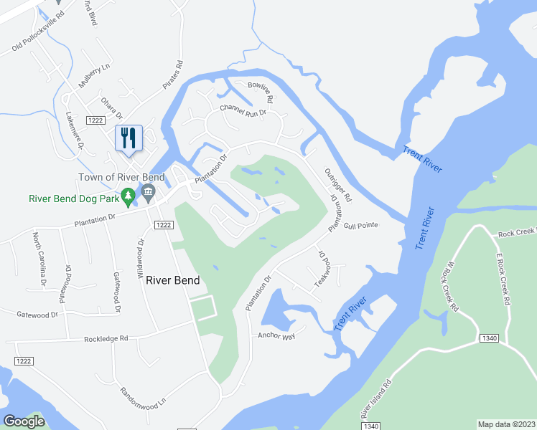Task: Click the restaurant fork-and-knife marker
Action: pos(129,138)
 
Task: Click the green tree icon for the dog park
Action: pos(128,195)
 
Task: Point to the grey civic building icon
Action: pos(149,191)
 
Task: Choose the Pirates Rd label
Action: pos(173,75)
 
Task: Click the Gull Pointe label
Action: pos(360,225)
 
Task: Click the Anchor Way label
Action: pos(276,335)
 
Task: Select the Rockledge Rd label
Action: pos(106,338)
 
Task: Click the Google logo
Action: pos(24,421)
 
